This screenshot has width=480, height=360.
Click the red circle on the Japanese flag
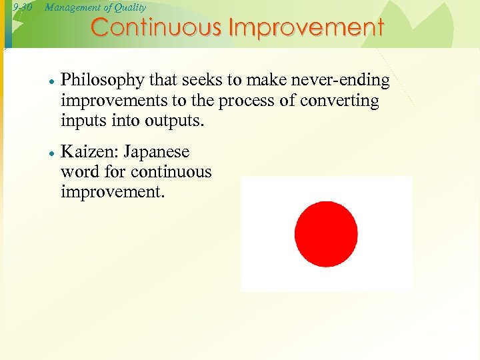click(326, 234)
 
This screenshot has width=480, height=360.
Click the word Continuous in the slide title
click(157, 28)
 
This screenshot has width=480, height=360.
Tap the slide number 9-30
click(23, 7)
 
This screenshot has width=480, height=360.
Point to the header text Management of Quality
click(95, 7)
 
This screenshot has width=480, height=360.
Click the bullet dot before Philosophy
click(51, 81)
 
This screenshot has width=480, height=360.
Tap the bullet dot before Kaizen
click(51, 153)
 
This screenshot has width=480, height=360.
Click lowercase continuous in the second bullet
click(171, 172)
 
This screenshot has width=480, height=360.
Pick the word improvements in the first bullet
click(107, 101)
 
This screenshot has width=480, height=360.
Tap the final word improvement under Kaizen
click(112, 193)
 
